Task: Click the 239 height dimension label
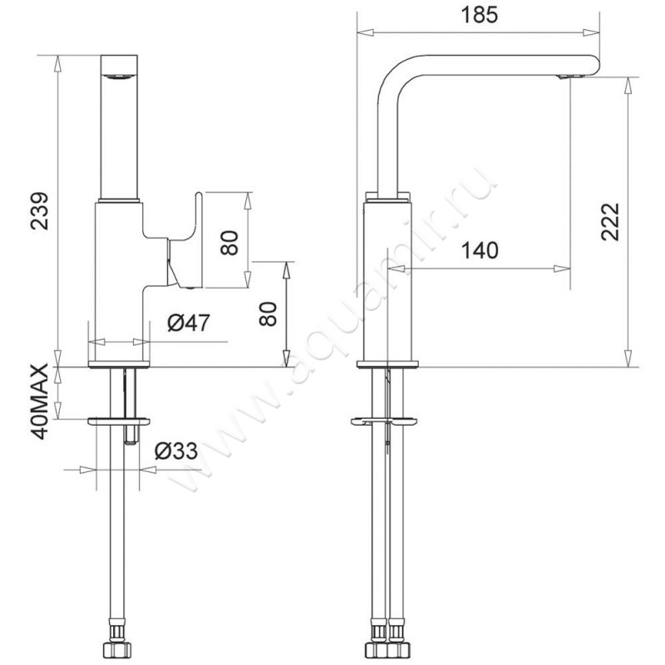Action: [40, 211]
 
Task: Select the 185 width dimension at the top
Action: [480, 15]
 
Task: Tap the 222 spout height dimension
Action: [610, 222]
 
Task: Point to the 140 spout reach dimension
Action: [480, 250]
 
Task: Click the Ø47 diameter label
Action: [189, 323]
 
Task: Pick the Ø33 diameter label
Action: [176, 451]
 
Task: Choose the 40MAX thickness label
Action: [40, 401]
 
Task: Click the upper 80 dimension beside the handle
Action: [230, 243]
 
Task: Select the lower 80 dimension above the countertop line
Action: [268, 314]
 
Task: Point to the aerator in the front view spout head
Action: [119, 76]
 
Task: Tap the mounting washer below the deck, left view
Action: [119, 421]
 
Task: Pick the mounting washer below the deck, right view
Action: [384, 421]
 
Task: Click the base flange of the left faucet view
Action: [119, 364]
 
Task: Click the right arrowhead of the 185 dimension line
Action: [591, 32]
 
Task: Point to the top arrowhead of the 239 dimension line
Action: [57, 64]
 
